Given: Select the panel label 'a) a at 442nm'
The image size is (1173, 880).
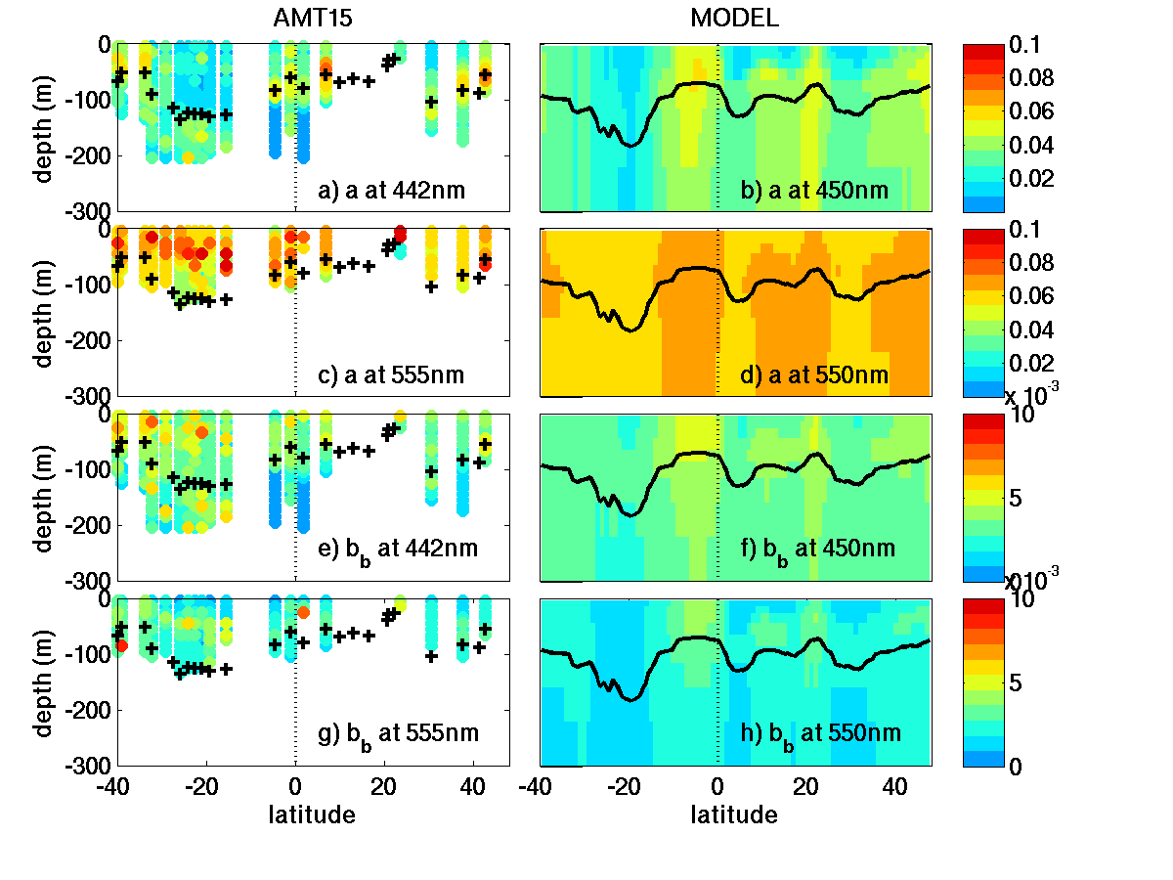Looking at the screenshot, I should pyautogui.click(x=393, y=190).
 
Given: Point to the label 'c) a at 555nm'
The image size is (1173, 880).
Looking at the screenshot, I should pyautogui.click(x=393, y=374).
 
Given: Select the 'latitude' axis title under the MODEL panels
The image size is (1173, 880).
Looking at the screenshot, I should pyautogui.click(x=734, y=814).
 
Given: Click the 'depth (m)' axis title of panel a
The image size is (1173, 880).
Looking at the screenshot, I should pyautogui.click(x=43, y=127).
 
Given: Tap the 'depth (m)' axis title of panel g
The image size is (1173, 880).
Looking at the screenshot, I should pyautogui.click(x=43, y=682).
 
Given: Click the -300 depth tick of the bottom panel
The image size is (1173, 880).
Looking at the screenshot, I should pyautogui.click(x=93, y=766).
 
